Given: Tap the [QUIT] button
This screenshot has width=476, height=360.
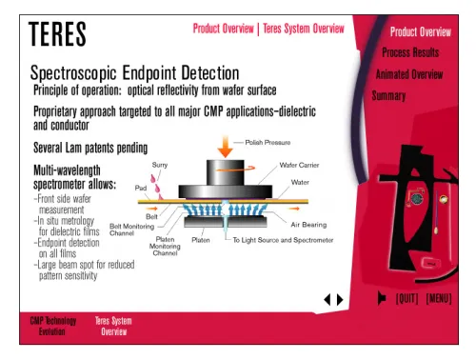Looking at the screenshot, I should [x=407, y=299].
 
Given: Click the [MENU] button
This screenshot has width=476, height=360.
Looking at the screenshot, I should [x=439, y=299].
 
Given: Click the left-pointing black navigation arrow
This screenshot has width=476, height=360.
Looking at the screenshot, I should [x=327, y=299].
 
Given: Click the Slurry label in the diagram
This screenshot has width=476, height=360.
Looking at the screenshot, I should [x=161, y=166].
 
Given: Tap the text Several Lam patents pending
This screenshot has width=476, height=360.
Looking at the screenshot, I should [x=91, y=148].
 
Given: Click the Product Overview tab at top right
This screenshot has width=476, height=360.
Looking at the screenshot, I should [x=420, y=31].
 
